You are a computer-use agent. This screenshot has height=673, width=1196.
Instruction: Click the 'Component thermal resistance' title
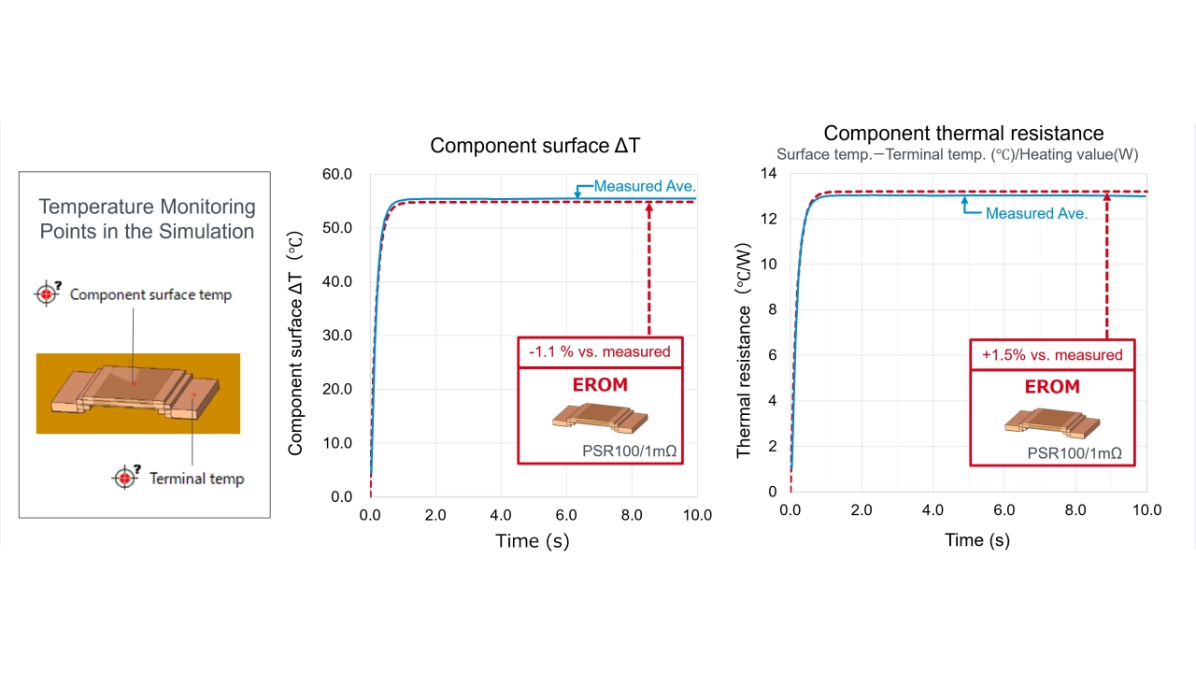[x=963, y=134]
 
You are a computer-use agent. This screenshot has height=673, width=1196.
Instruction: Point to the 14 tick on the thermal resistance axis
[x=768, y=174]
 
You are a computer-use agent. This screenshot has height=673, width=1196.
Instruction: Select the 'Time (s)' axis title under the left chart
[x=532, y=540]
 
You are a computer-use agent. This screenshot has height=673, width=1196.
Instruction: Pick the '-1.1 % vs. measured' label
[x=599, y=351]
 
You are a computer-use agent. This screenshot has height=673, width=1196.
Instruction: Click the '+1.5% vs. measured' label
[x=1052, y=354]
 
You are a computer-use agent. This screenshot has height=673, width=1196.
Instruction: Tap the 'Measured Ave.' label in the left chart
[x=645, y=186]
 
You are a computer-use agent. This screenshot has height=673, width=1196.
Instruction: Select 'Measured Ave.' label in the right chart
[x=1036, y=213]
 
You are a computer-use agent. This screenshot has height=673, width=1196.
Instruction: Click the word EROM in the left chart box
[x=599, y=384]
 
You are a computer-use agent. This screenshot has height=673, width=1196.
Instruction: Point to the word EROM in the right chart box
[x=1052, y=387]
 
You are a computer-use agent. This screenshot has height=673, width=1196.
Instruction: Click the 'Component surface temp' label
[x=150, y=294]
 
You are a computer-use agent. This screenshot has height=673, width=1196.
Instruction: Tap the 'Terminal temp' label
[x=196, y=479]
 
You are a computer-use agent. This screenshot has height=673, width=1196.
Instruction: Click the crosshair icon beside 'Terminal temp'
[x=124, y=478]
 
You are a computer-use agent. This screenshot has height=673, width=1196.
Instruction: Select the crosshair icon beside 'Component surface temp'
[x=47, y=294]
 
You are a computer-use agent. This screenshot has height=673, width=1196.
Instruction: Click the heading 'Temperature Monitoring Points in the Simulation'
[x=147, y=219]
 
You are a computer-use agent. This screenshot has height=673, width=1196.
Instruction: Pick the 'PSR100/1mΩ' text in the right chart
[x=1075, y=453]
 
